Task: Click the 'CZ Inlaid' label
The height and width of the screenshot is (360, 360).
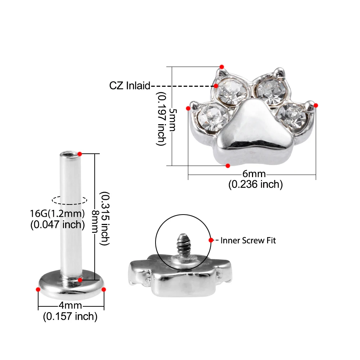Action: [130, 86]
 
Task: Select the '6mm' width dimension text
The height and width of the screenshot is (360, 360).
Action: [254, 174]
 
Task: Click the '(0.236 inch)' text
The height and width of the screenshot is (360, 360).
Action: [256, 184]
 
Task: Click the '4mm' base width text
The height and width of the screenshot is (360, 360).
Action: [70, 305]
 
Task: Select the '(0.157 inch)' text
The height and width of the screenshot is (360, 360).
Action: [70, 316]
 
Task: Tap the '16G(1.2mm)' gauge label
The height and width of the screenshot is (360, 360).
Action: [57, 213]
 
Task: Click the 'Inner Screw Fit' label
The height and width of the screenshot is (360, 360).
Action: [248, 240]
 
